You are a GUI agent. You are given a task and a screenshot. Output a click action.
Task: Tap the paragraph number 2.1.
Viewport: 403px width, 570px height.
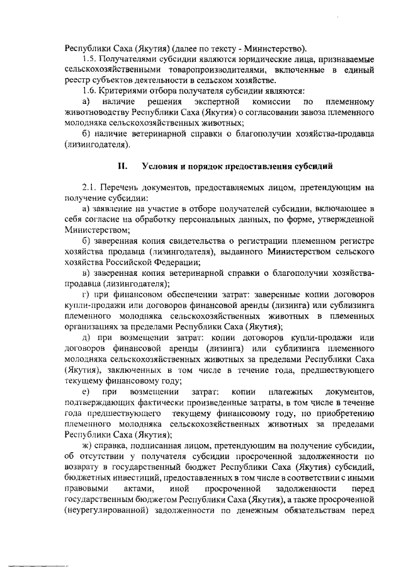coord(89,187)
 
